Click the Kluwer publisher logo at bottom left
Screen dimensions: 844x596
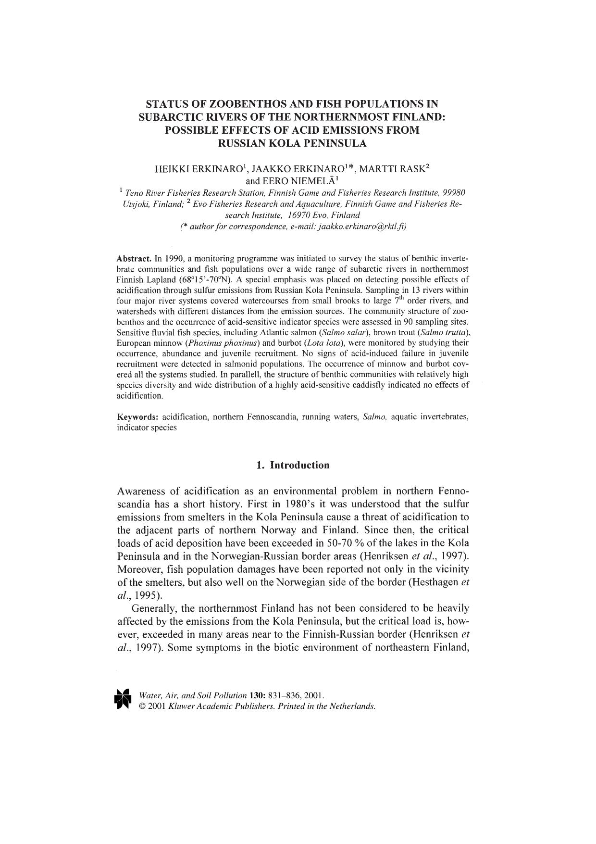pos(123,699)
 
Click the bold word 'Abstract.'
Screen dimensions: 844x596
pos(135,258)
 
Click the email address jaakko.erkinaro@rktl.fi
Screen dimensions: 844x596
pos(359,227)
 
